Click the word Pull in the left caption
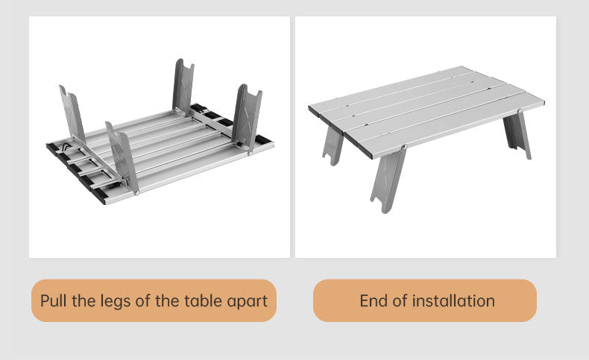pyautogui.click(x=54, y=300)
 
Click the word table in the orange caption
pyautogui.click(x=202, y=300)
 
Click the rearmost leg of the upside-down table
pyautogui.click(x=183, y=87)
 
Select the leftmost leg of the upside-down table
pyautogui.click(x=72, y=113)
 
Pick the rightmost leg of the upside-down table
pyautogui.click(x=247, y=117)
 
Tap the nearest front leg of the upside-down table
pyautogui.click(x=122, y=158)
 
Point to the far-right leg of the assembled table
pyautogui.click(x=517, y=134)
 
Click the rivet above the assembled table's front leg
pyautogui.click(x=404, y=147)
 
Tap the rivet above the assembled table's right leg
pyautogui.click(x=520, y=110)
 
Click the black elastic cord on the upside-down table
pyautogui.click(x=66, y=146)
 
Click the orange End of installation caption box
pyautogui.click(x=425, y=300)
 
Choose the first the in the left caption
pyautogui.click(x=81, y=300)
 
